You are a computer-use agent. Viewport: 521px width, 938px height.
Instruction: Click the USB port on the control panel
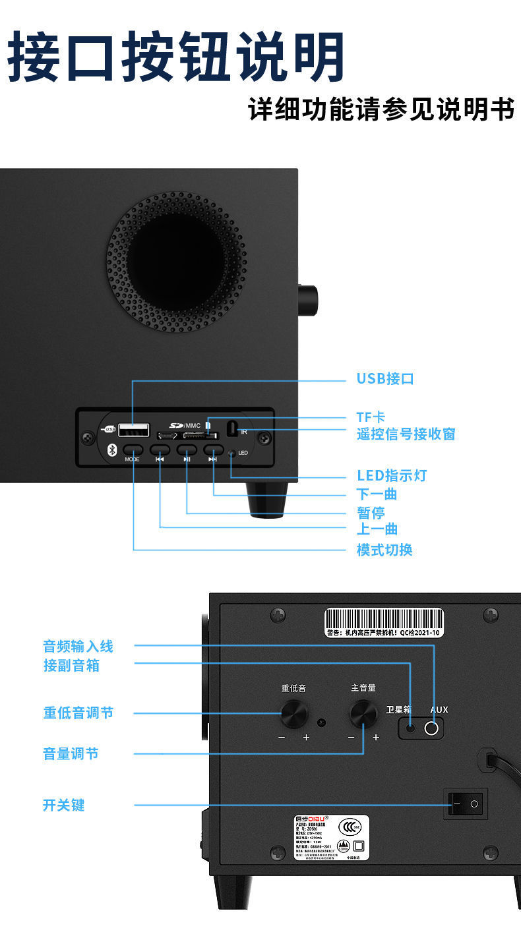(x=134, y=431)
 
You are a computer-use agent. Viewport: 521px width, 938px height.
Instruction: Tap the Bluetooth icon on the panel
(x=111, y=450)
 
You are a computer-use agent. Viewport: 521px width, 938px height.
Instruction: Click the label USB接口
(x=385, y=379)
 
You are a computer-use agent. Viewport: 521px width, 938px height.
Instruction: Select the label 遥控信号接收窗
(x=406, y=434)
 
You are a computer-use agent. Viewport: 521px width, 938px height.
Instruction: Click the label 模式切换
(x=384, y=550)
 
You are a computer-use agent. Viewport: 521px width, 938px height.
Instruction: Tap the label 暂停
(x=371, y=513)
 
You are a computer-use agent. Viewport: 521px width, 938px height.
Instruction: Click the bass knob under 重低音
(x=294, y=714)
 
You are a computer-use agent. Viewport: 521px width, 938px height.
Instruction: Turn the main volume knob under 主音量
(x=363, y=714)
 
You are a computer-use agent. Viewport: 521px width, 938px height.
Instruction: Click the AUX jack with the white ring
(x=433, y=728)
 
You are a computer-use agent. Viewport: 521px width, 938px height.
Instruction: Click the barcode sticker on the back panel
(x=384, y=623)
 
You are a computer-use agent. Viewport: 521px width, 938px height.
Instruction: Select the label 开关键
(x=64, y=805)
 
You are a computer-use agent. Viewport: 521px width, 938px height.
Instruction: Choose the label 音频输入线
(x=78, y=646)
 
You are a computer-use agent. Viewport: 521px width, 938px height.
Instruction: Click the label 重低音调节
(x=78, y=713)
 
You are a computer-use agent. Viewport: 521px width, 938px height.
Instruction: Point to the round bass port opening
(x=177, y=262)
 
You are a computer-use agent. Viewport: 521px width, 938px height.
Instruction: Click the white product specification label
(x=331, y=837)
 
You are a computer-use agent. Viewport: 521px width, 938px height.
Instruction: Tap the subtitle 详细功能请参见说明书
(x=381, y=110)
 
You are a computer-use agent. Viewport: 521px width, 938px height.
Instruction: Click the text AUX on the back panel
(x=439, y=710)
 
